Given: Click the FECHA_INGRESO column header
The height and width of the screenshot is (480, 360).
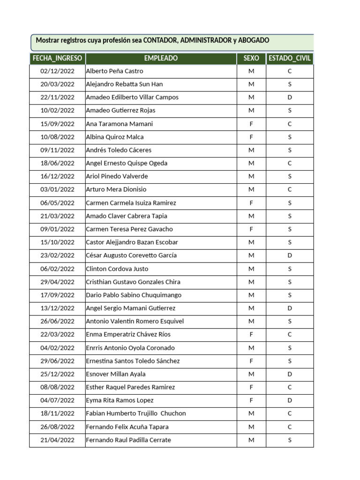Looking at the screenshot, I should tap(57, 59).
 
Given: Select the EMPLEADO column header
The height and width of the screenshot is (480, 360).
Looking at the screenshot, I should tap(161, 59).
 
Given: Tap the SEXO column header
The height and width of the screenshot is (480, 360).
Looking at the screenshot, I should tap(251, 59).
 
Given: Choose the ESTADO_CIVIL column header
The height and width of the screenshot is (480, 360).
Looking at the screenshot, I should tap(290, 59).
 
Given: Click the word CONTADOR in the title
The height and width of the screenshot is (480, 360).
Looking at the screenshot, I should tap(160, 41).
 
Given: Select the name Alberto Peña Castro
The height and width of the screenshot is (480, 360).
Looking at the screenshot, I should tap(115, 71).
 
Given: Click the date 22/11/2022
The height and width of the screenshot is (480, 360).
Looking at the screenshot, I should tap(57, 97).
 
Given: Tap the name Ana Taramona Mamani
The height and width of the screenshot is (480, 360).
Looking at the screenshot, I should tap(120, 124).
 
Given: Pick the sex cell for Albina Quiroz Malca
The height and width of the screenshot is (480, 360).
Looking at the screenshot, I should tap(251, 137).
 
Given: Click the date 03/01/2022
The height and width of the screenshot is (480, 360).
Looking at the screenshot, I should tap(57, 190).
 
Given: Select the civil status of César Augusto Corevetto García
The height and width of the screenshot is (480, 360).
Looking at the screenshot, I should tap(290, 255).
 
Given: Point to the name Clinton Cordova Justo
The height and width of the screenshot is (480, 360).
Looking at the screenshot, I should tap(117, 269).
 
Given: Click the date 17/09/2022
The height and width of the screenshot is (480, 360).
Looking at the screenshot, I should tap(57, 295).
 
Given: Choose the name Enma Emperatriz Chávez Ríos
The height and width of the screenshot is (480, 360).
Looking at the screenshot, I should tap(128, 335).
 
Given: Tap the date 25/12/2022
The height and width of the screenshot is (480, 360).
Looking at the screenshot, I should tap(57, 374).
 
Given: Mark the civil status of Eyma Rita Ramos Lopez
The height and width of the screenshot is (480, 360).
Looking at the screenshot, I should tap(290, 400).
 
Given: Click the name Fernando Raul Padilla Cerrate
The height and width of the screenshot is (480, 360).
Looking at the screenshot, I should tap(128, 440).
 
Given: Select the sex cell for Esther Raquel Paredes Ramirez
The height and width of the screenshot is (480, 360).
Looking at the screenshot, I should tap(251, 387).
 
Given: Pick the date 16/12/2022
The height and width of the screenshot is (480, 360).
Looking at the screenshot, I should tap(57, 177).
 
